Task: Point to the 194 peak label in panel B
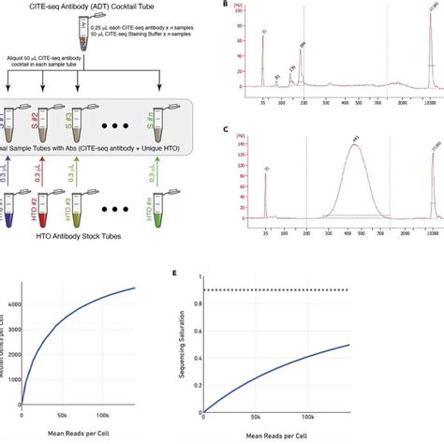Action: tap(303, 45)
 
